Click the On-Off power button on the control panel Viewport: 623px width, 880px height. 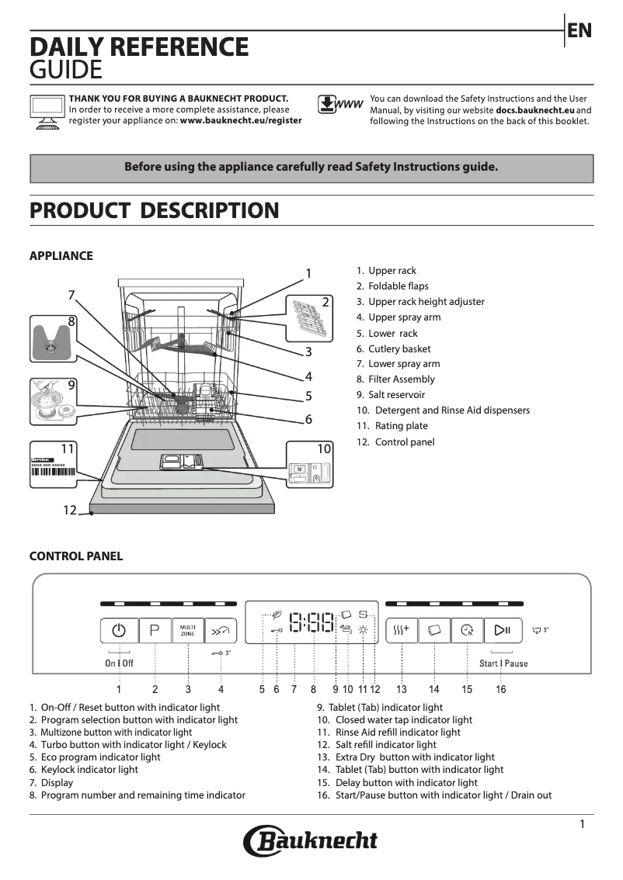119,630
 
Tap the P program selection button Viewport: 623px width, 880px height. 155,630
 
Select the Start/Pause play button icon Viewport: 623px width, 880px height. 502,630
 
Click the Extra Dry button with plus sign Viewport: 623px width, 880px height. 402,630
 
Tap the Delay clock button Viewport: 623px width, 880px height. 467,630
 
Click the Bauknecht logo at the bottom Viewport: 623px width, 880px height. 311,841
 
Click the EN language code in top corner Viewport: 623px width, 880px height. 579,31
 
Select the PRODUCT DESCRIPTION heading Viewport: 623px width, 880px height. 154,210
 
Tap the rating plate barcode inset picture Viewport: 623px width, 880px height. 54,464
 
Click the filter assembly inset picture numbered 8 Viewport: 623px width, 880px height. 54,338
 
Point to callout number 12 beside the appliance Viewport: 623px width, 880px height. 70,511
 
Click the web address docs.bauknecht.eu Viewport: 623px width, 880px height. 534,110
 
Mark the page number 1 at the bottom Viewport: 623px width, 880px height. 582,825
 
